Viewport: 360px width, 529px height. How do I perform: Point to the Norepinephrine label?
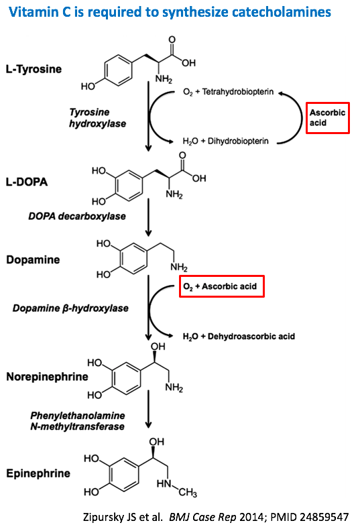click(47, 376)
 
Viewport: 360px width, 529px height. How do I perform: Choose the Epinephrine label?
click(38, 473)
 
